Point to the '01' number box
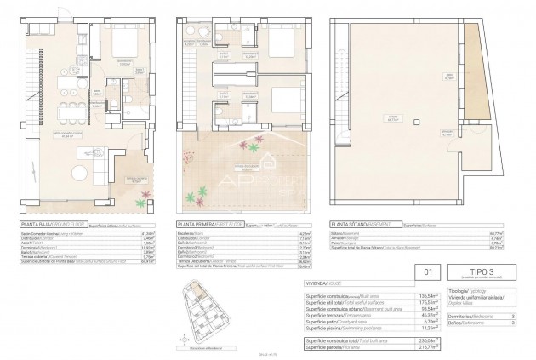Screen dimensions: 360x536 428,273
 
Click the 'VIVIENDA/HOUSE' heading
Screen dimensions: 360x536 326,283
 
